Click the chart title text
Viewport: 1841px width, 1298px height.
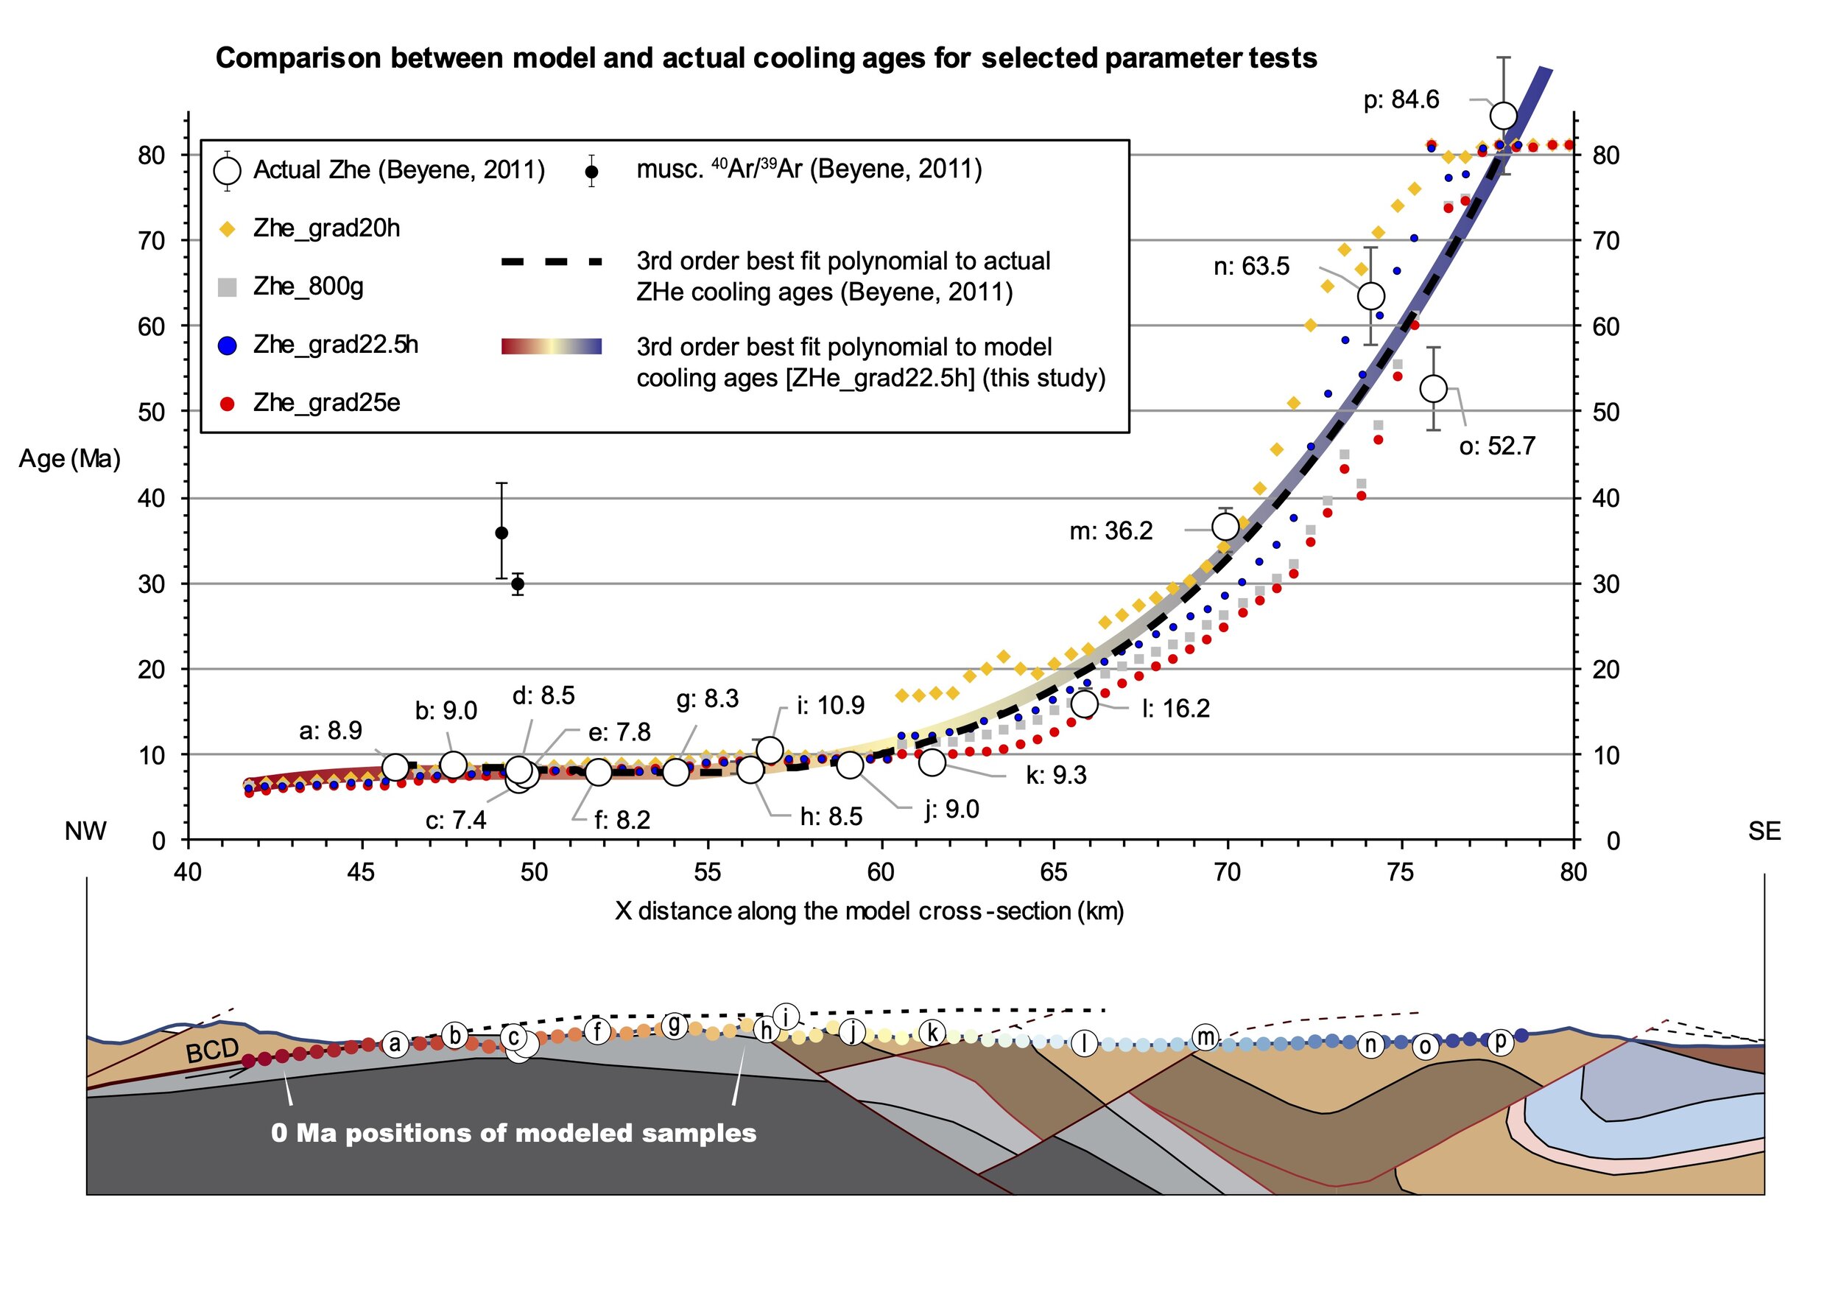click(766, 57)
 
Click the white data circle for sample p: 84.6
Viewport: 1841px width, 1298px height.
click(1503, 116)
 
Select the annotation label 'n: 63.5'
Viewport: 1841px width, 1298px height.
click(1251, 267)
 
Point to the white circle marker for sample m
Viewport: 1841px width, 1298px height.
click(1225, 527)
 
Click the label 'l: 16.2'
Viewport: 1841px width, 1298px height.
click(1175, 709)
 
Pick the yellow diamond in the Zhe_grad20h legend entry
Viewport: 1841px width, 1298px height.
click(228, 229)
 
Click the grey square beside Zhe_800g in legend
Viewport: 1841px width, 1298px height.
click(228, 287)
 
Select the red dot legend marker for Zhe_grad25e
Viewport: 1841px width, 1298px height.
click(228, 404)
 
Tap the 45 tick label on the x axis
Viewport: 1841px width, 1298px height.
click(361, 873)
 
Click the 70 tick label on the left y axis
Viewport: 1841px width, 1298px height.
click(151, 241)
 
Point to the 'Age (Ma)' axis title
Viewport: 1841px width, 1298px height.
click(70, 459)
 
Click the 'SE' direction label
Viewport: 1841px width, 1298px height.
click(1764, 831)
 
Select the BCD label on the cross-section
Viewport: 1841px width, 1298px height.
click(213, 1050)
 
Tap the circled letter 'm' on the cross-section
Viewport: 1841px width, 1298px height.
click(1205, 1037)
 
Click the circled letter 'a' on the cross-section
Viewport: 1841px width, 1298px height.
click(395, 1044)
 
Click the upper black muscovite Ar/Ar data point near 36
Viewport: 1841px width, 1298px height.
click(501, 533)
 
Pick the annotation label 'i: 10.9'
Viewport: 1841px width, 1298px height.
click(830, 706)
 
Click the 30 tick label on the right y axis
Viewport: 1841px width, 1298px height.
click(1605, 584)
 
